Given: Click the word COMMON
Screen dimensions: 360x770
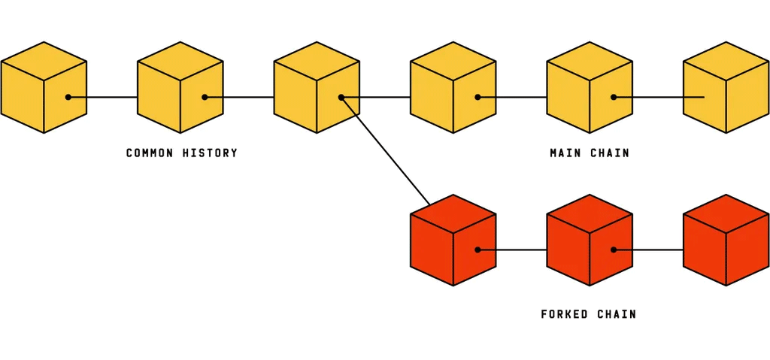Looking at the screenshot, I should [149, 153].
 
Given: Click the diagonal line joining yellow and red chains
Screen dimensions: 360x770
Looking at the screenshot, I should [385, 150].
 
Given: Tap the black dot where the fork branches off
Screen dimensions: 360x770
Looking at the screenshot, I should [341, 97].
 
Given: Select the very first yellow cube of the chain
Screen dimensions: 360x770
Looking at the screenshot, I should [44, 87].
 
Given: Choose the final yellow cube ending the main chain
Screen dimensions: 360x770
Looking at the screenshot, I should [726, 87].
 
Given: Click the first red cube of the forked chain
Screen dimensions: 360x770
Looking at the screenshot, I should [453, 240].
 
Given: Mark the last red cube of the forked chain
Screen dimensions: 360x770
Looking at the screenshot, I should [726, 240].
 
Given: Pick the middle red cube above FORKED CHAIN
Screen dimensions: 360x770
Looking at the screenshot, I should [590, 240].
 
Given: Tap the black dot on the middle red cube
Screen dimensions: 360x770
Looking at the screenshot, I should [614, 250].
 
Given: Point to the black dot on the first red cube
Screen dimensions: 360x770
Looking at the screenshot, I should [477, 250].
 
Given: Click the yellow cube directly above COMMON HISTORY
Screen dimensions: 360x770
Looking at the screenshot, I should [180, 87].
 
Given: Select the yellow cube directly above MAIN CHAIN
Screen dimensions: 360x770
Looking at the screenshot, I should [590, 87].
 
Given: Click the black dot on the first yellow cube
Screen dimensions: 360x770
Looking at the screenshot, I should [68, 97].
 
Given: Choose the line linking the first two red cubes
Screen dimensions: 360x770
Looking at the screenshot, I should [521, 250].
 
